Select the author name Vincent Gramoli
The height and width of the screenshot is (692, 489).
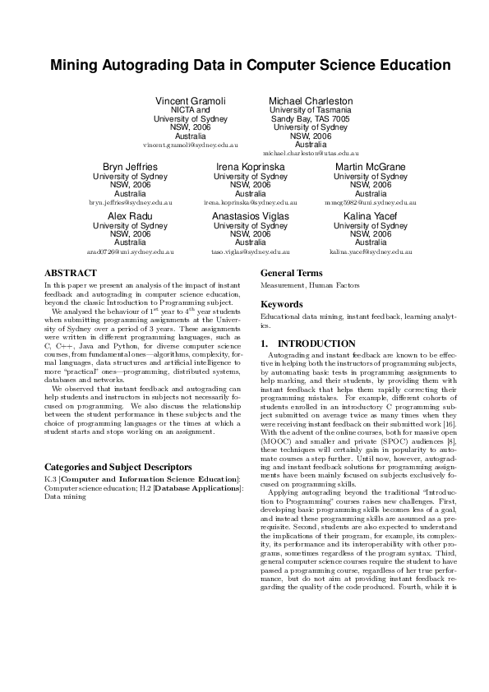pyautogui.click(x=190, y=101)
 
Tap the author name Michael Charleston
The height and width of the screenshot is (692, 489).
pyautogui.click(x=311, y=101)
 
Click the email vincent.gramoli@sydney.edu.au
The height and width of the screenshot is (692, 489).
pyautogui.click(x=190, y=145)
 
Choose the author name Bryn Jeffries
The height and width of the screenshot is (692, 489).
pyautogui.click(x=130, y=167)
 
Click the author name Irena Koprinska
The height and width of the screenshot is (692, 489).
pyautogui.click(x=251, y=167)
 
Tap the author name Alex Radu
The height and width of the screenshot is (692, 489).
pyautogui.click(x=130, y=216)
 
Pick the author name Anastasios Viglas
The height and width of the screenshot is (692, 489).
pyautogui.click(x=251, y=216)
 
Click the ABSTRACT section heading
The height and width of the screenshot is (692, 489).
pyautogui.click(x=70, y=273)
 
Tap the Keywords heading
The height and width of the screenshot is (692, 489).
pyautogui.click(x=282, y=304)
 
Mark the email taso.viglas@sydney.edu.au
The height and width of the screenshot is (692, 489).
pyautogui.click(x=251, y=251)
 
